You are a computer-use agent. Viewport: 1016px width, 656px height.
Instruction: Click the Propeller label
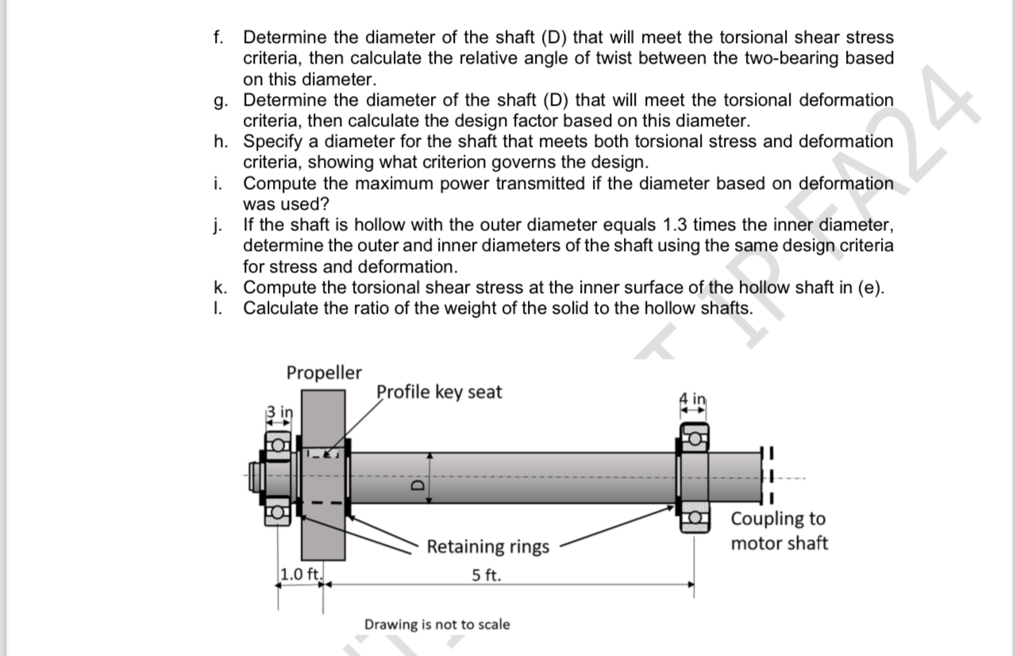[x=324, y=372]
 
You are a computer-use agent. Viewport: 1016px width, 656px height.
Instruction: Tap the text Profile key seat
[x=439, y=392]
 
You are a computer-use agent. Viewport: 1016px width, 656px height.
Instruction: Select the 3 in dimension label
[x=279, y=411]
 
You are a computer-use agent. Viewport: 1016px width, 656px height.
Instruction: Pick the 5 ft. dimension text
[x=486, y=575]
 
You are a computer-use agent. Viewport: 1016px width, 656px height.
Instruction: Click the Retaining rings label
[x=487, y=546]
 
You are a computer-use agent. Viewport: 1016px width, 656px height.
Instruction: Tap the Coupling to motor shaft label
[x=778, y=531]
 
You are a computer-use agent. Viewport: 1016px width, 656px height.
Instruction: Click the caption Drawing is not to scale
[x=437, y=624]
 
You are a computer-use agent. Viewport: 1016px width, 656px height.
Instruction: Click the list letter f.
[x=218, y=37]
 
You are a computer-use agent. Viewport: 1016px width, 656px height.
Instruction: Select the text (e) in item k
[x=870, y=287]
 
